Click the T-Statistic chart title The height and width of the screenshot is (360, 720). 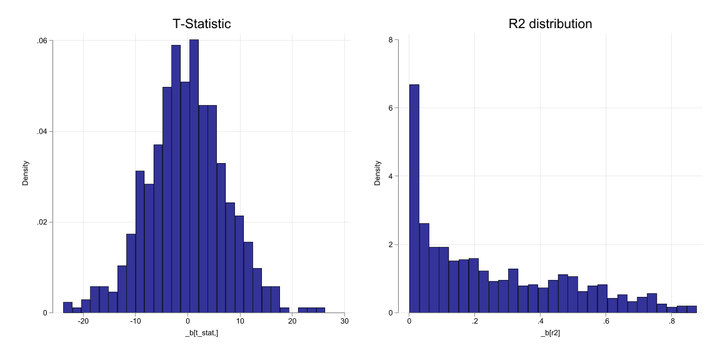click(x=201, y=24)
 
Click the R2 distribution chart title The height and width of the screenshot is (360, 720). click(x=550, y=24)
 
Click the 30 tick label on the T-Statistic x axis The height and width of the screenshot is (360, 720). click(x=344, y=321)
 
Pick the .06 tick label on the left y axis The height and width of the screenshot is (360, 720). click(x=42, y=41)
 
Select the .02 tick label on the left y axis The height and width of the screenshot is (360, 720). click(x=42, y=222)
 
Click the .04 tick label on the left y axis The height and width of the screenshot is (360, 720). click(x=42, y=131)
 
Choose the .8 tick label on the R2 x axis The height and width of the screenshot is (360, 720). click(x=672, y=321)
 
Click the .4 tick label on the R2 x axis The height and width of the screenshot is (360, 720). click(x=540, y=321)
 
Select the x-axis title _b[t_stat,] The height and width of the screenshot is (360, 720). click(x=201, y=334)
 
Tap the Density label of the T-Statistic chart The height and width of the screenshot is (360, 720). click(x=26, y=174)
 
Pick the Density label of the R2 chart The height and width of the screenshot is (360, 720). click(x=377, y=174)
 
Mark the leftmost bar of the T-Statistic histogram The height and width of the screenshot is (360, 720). click(x=67, y=307)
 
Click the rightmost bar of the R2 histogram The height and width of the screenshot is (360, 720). click(x=691, y=309)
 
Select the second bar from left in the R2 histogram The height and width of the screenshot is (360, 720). click(x=424, y=268)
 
